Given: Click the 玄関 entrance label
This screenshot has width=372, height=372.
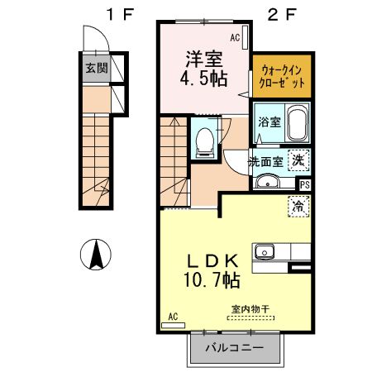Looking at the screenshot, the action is pos(97,68).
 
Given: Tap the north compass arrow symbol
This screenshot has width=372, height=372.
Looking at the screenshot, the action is pos(96,255).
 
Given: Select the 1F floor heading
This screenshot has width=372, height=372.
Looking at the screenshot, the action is pos(121,14).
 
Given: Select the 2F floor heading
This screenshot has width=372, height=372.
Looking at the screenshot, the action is pos(282,14).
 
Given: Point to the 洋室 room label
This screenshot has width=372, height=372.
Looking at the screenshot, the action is pos(204,60).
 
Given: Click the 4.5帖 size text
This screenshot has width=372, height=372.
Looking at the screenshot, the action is pos(203,79).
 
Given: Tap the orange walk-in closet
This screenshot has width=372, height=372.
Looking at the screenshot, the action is pos(282,76).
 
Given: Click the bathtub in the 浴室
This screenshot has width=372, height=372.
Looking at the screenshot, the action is pos(298,123).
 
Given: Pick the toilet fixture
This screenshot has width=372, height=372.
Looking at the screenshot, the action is pos(204,143).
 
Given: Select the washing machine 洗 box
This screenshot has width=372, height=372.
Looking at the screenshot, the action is pos(298,160).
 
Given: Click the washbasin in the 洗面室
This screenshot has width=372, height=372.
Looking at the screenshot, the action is pos(268,182).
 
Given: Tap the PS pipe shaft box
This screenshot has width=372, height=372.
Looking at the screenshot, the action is pos(305,184).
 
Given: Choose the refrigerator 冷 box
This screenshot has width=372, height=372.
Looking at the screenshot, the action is pos(298,206).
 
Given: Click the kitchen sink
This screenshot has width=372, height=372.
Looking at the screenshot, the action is pos(265,252).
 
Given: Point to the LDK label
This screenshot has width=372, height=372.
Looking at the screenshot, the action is pos(212,261).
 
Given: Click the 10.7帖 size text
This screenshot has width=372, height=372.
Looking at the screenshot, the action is pos(212,281).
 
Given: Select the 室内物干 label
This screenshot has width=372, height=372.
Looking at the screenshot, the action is pos(250,309).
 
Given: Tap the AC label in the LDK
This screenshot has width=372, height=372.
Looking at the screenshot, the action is pos(173,317).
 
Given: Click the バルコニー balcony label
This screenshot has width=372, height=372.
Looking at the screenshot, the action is pos(235,348).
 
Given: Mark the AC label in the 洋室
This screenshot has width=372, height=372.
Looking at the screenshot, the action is pos(235,37).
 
